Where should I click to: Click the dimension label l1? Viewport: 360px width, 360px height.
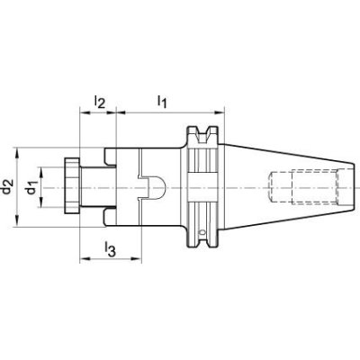[162, 102]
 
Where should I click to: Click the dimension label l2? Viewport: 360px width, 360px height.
[99, 102]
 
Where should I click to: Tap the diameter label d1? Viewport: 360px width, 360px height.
[31, 187]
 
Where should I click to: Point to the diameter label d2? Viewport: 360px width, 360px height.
[7, 186]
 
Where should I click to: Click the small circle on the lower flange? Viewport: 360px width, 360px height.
[202, 232]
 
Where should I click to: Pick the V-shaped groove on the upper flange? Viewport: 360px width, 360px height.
[202, 135]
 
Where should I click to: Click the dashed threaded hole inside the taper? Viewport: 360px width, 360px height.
[304, 187]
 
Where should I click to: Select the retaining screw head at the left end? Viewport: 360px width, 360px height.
[72, 186]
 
